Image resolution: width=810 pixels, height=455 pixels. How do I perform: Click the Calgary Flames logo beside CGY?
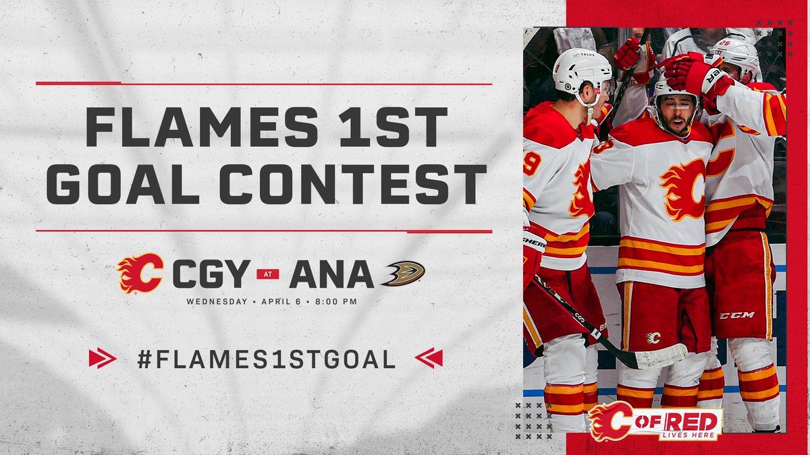tap(140, 273)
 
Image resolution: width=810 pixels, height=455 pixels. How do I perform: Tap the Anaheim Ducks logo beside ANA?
tap(403, 273)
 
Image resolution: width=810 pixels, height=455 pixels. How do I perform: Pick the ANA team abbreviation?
tap(331, 274)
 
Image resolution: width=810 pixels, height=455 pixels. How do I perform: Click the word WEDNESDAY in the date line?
tap(217, 301)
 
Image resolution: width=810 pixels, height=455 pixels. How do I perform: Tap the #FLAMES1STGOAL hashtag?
tap(266, 359)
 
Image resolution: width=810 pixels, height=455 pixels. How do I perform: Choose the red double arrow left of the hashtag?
tap(102, 358)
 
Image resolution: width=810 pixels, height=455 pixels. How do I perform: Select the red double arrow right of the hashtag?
tap(429, 358)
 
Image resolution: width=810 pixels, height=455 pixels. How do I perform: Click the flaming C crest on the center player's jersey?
tap(683, 189)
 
